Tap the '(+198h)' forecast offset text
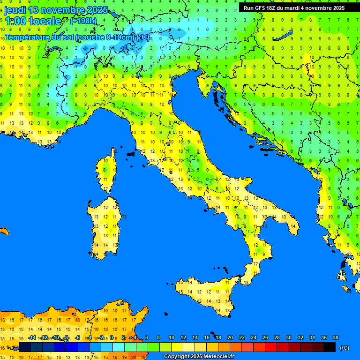[84, 21]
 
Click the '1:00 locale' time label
[33, 21]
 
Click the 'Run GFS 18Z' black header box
[294, 8]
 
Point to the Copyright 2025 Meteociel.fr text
[199, 357]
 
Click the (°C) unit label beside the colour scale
[344, 347]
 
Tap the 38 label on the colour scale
[335, 337]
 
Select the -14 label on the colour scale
[32, 337]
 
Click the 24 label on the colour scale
[254, 337]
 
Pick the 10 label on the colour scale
[172, 337]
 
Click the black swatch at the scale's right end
[330, 347]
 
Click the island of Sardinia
[105, 225]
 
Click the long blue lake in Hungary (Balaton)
[284, 37]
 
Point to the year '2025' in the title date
[97, 10]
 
